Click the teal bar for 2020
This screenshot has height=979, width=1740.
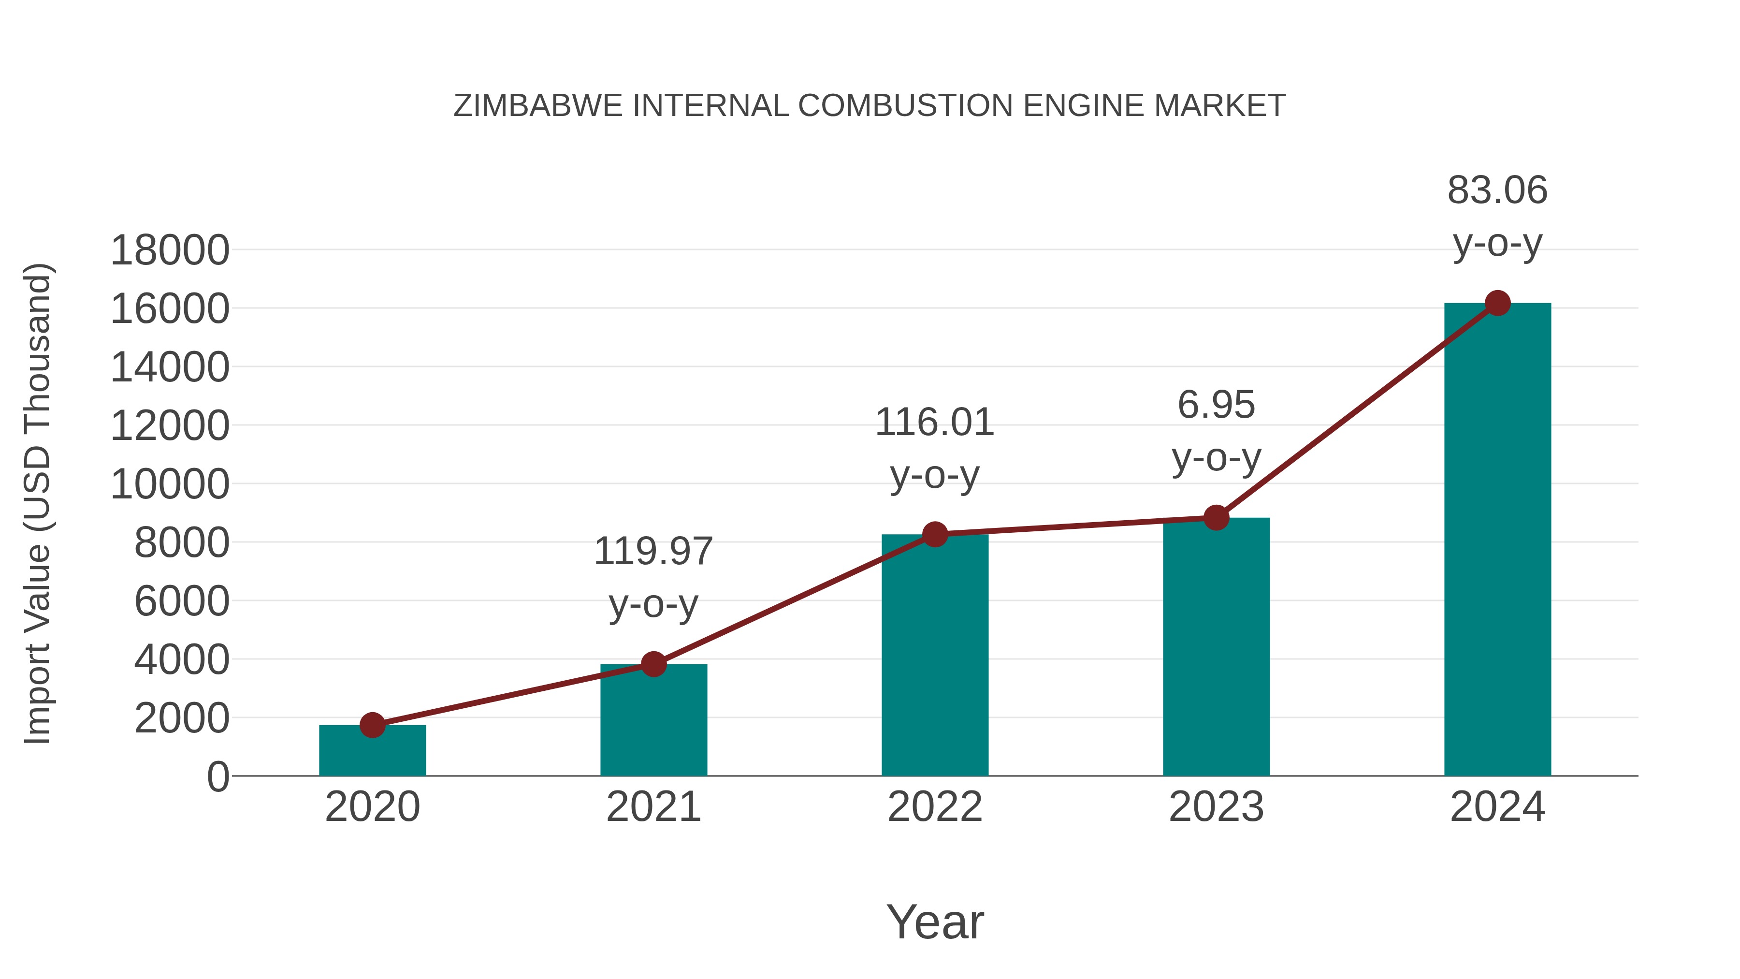tap(372, 751)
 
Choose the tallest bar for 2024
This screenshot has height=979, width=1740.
tap(1497, 540)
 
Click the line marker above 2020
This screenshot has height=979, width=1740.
tap(372, 726)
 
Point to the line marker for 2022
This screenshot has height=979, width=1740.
tap(935, 534)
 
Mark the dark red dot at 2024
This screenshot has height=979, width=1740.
tap(1497, 303)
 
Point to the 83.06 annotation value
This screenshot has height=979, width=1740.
tap(1497, 190)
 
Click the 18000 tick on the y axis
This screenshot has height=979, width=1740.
tap(170, 250)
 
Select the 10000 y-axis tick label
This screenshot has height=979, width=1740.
tap(170, 484)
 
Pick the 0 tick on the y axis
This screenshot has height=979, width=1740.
tap(218, 777)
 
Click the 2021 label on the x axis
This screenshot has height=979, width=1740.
tap(653, 807)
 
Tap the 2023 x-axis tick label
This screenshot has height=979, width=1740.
tap(1216, 807)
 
